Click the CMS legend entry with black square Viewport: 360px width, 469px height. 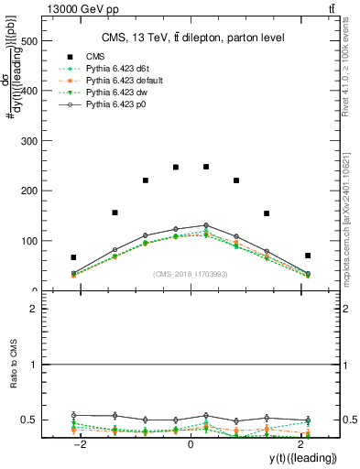coord(95,56)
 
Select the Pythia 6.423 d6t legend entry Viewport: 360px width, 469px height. coord(112,69)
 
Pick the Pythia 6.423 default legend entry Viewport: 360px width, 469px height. coord(117,82)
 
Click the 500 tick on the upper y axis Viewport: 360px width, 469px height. coord(37,41)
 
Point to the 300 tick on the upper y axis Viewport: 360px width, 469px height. coord(37,141)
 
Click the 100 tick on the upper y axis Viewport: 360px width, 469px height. coord(37,241)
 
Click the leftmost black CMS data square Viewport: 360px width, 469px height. coord(73,257)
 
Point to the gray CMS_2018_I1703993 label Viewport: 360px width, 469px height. coord(191,273)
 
